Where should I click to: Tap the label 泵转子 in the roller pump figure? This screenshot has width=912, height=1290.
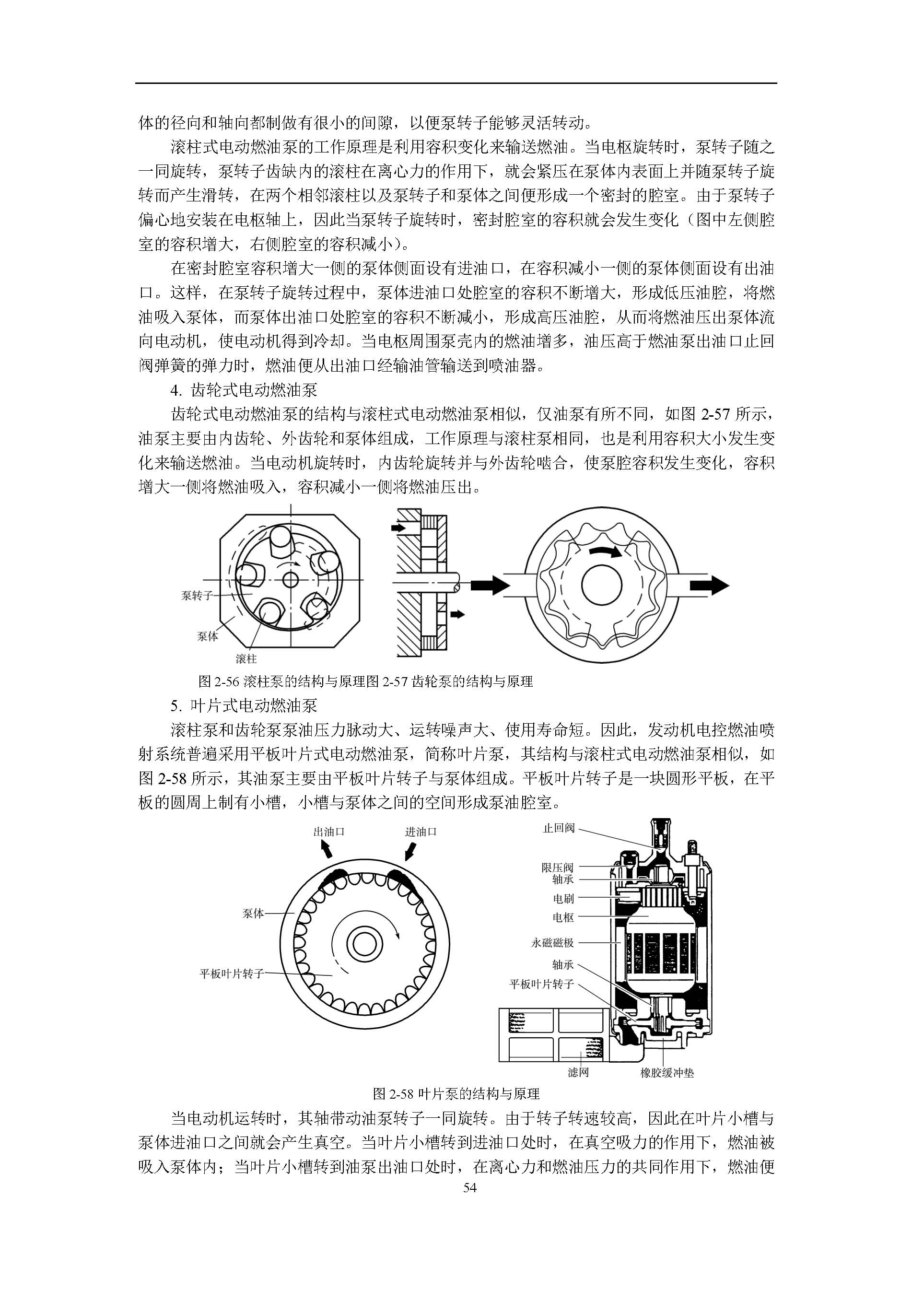tap(197, 596)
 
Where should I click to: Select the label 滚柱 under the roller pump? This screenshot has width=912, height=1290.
tap(246, 658)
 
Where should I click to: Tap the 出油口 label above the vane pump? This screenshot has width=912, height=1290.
tap(329, 832)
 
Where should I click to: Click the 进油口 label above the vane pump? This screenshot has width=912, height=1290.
tap(421, 832)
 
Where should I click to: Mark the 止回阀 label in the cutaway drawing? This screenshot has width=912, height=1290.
tap(559, 828)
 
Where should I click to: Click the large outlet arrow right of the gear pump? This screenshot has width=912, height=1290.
tap(709, 586)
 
